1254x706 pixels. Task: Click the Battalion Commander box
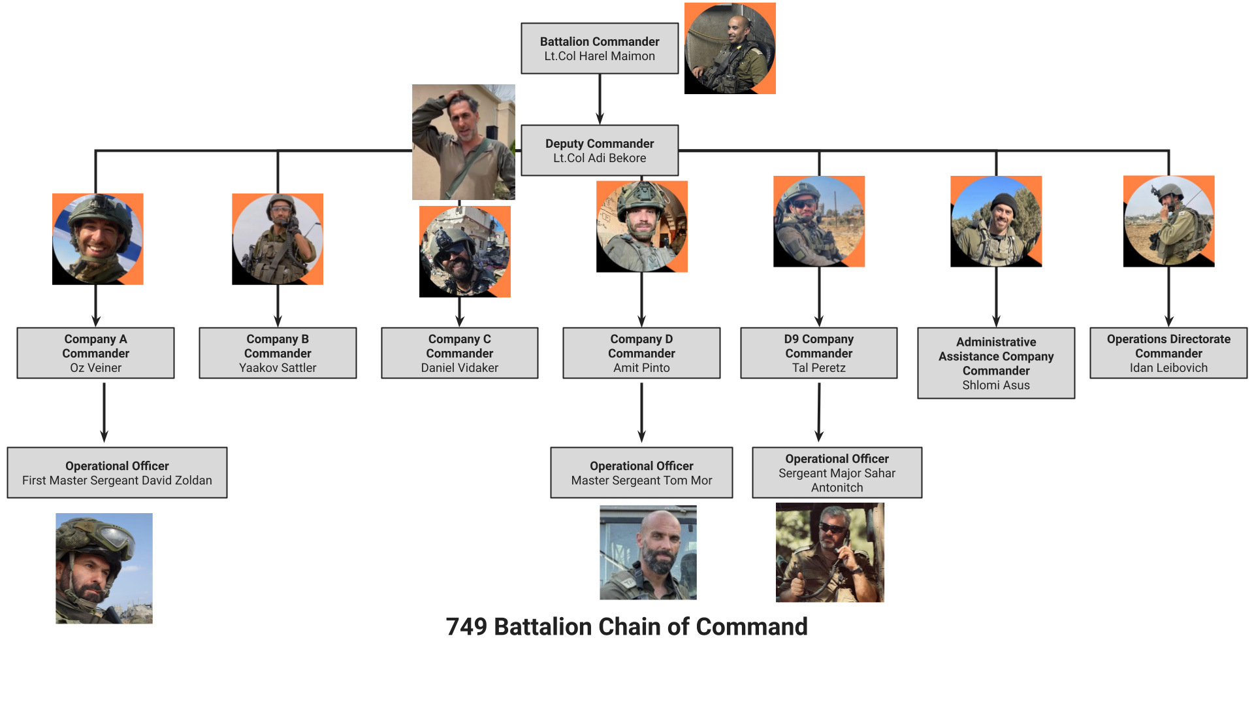(x=600, y=48)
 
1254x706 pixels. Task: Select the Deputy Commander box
(x=600, y=150)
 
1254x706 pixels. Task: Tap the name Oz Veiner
(x=95, y=368)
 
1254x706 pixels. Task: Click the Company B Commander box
(x=278, y=353)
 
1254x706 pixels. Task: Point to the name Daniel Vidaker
(x=459, y=368)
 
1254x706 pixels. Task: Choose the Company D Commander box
(x=641, y=353)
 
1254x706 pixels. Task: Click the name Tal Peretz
(x=818, y=368)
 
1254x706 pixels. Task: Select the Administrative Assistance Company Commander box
(x=996, y=363)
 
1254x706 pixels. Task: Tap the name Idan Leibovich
(x=1168, y=368)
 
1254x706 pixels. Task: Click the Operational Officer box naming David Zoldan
(x=117, y=473)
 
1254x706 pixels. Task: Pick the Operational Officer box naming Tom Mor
(x=641, y=473)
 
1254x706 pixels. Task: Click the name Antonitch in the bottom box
(x=837, y=488)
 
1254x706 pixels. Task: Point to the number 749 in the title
(x=466, y=626)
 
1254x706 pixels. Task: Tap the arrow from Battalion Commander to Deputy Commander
(x=600, y=99)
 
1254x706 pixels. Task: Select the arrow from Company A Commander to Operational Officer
(x=104, y=412)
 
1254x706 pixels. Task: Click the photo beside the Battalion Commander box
(x=730, y=48)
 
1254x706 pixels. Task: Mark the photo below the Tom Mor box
(x=648, y=552)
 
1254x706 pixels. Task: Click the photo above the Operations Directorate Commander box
(x=1168, y=221)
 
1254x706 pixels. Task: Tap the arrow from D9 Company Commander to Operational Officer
(x=819, y=412)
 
